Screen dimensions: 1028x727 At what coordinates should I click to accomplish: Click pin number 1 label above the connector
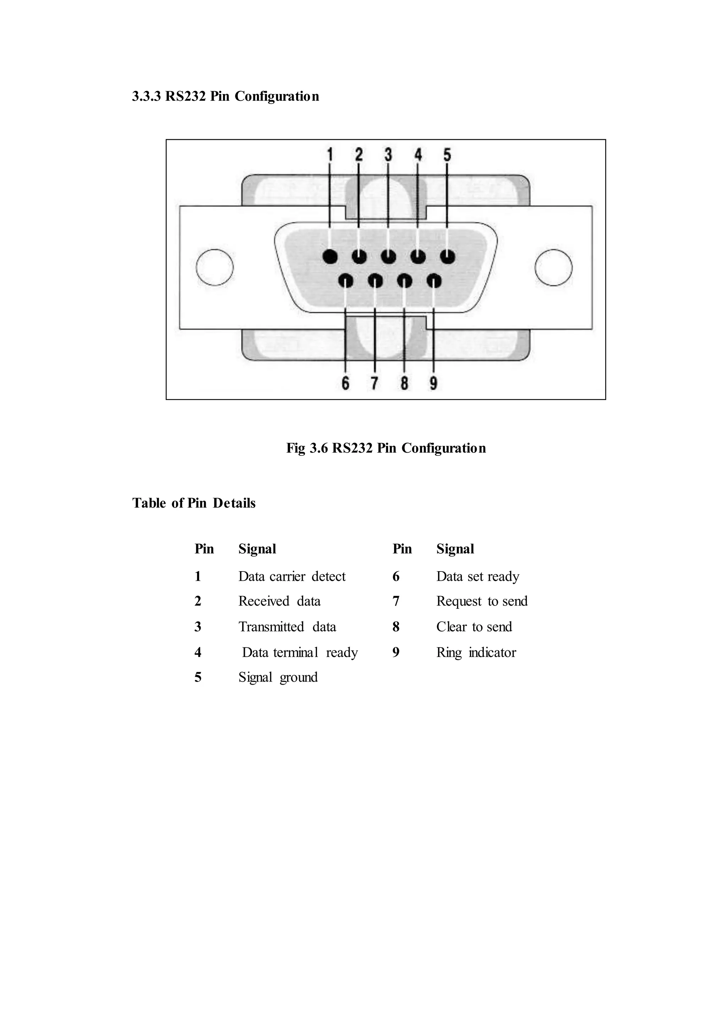coord(330,155)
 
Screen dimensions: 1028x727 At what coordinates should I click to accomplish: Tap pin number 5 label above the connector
coord(447,155)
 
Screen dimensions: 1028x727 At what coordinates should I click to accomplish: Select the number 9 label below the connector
coord(433,383)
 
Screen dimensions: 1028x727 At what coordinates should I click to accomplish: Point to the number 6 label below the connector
coord(345,383)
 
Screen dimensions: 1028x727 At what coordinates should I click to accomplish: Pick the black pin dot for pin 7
coord(375,281)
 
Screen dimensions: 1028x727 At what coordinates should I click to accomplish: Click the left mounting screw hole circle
coord(215,267)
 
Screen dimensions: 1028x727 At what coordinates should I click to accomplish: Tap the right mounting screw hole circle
coord(553,267)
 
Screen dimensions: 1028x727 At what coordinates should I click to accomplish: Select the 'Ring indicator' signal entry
coord(476,652)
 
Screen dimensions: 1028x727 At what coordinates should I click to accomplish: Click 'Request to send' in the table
coord(482,601)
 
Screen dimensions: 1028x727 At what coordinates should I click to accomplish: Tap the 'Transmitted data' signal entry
coord(287,627)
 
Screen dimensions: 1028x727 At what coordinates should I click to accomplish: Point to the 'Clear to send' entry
coord(474,627)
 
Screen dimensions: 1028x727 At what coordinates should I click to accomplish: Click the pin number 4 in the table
coord(198,652)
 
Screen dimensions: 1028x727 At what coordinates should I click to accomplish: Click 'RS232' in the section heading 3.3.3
coord(185,96)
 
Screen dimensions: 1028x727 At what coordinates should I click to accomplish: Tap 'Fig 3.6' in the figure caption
coord(307,448)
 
